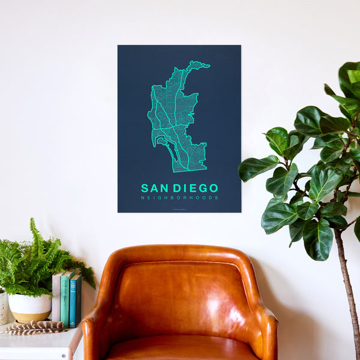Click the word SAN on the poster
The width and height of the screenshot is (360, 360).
[x=154, y=188]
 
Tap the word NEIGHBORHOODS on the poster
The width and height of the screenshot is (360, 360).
[x=179, y=197]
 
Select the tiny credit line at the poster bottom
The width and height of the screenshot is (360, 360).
[x=179, y=208]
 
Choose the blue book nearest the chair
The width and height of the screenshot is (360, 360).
[x=76, y=300]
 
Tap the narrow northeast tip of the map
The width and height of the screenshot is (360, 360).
[x=200, y=64]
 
